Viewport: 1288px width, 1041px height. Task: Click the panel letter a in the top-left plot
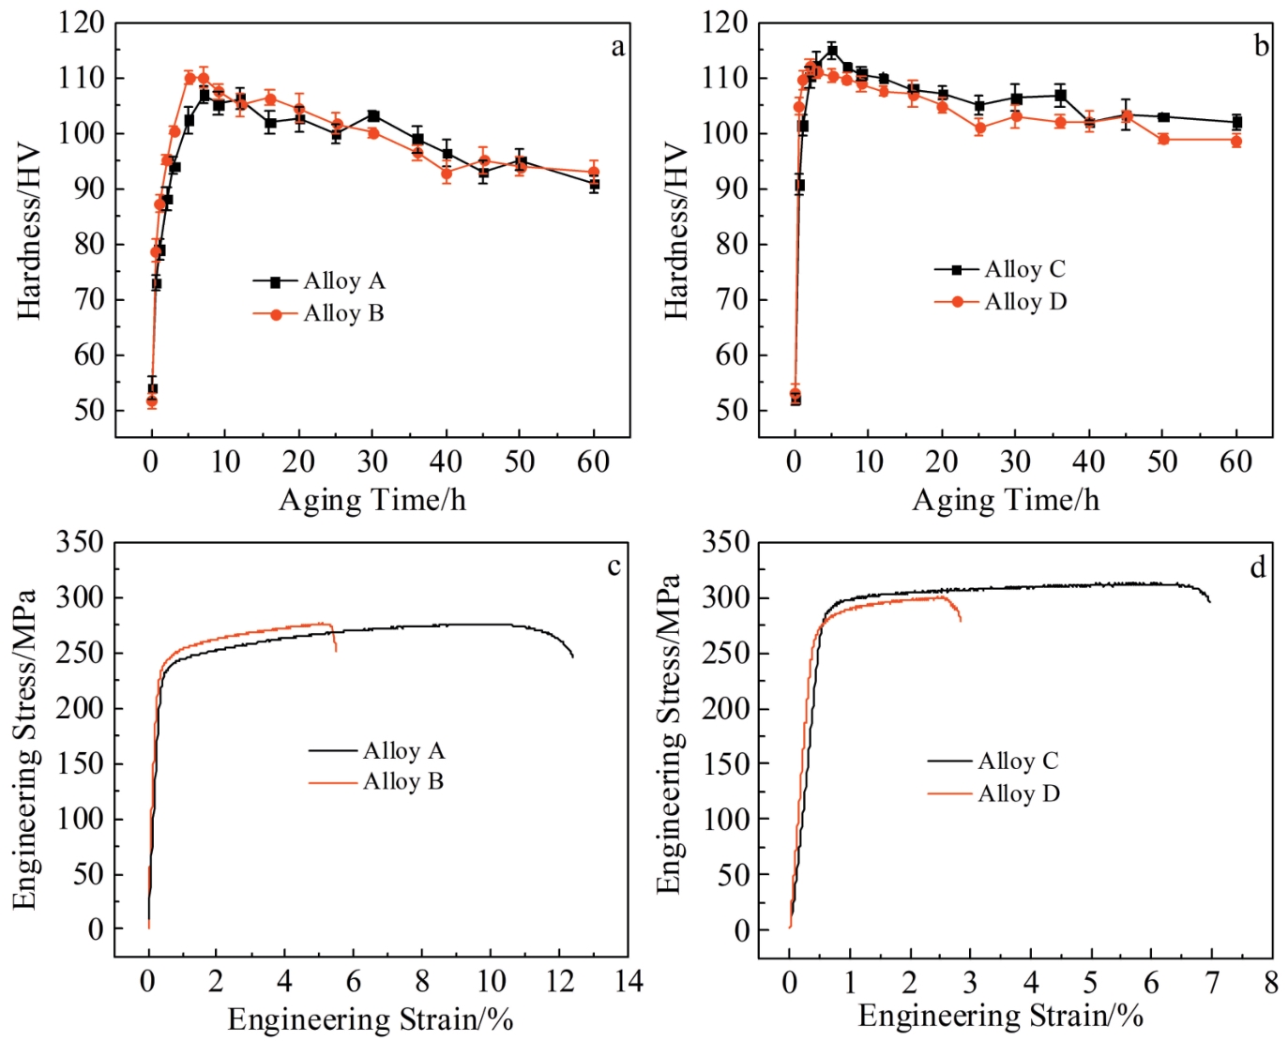coord(617,47)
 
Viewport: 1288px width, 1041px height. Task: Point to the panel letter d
coord(1257,566)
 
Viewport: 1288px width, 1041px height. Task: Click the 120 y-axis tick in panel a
coord(82,23)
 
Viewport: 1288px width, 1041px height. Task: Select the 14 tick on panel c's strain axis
coord(629,981)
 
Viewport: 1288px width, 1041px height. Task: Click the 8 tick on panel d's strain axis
coord(1271,982)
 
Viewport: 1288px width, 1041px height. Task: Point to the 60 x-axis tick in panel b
coord(1235,461)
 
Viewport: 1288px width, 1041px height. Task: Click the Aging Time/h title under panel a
coord(371,500)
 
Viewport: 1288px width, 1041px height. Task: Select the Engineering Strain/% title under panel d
coord(1000,1016)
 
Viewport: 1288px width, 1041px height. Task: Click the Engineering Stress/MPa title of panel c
coord(24,748)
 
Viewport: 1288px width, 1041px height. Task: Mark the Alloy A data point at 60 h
coord(594,185)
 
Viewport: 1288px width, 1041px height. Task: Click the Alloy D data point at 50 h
coord(1163,140)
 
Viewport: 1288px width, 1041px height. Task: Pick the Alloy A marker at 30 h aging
coord(373,116)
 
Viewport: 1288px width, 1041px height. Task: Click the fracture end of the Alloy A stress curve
coord(572,656)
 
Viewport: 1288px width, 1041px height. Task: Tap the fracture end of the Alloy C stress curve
coord(1210,601)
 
